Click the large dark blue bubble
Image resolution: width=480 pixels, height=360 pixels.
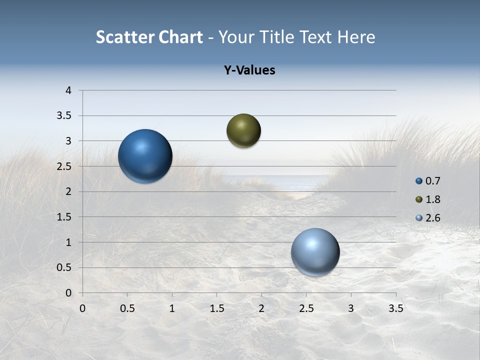pyautogui.click(x=145, y=156)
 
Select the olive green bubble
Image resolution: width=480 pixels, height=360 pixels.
pyautogui.click(x=243, y=130)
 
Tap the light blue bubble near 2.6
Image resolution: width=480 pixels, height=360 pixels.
pyautogui.click(x=315, y=252)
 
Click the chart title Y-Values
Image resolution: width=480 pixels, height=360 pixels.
pyautogui.click(x=249, y=70)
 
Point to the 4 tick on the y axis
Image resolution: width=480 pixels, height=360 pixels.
pyautogui.click(x=69, y=90)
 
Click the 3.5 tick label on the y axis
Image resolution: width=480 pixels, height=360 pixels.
pyautogui.click(x=65, y=116)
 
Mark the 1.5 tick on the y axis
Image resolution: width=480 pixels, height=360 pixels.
pyautogui.click(x=65, y=217)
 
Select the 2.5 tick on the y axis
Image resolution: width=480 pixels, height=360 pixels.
pyautogui.click(x=65, y=166)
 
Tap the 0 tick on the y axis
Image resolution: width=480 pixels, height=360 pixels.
pyautogui.click(x=69, y=293)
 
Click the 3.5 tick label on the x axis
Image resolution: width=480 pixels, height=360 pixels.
pyautogui.click(x=395, y=308)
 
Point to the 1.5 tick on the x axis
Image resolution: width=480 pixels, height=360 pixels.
pyautogui.click(x=216, y=308)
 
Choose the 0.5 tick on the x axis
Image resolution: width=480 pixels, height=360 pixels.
pyautogui.click(x=127, y=308)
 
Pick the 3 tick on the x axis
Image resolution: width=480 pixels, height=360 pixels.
pyautogui.click(x=351, y=308)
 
